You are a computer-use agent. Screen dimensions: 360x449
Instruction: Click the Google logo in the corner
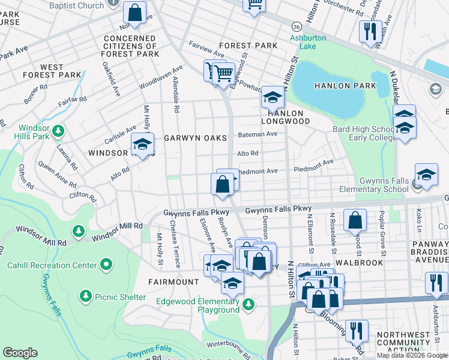pos(20,353)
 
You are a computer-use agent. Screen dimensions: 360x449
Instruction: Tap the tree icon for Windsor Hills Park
pos(58,130)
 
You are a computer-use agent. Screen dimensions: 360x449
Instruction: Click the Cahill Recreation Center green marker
pos(106,264)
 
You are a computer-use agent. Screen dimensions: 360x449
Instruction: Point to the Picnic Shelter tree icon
pos(86,296)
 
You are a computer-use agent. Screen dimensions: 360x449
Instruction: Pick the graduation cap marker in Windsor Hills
pos(143,145)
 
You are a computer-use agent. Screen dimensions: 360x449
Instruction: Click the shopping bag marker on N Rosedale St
pos(355,221)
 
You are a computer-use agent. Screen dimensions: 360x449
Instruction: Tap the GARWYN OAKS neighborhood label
pos(196,138)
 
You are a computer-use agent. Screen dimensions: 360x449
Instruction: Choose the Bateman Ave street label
pos(258,134)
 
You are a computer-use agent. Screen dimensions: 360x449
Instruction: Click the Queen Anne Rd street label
pos(56,174)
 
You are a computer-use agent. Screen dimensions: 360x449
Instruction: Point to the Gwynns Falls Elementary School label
pos(375,185)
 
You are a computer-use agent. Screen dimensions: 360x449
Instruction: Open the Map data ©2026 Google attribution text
pos(412,355)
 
